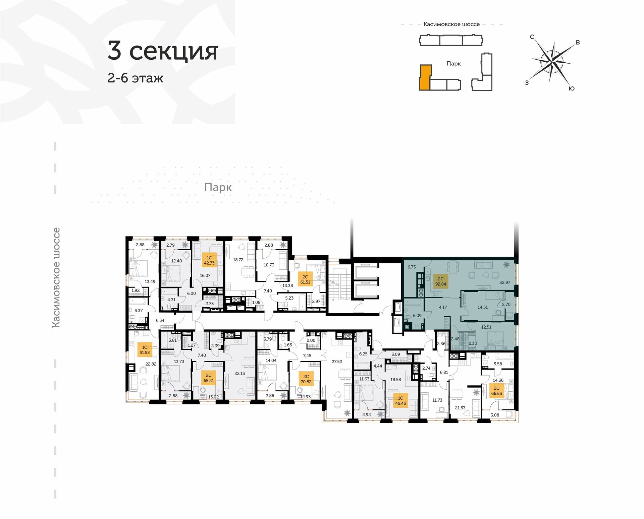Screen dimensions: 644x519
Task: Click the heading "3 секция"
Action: click(163, 51)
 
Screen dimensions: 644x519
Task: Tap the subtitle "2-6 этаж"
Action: click(135, 78)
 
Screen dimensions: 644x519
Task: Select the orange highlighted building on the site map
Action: click(424, 78)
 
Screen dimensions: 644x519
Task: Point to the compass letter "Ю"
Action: click(572, 88)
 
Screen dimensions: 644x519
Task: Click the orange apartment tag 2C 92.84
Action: click(441, 281)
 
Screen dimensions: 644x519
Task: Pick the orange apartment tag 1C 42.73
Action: click(209, 260)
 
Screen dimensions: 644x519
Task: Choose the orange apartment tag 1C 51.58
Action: click(145, 350)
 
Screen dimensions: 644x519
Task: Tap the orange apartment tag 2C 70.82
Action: click(306, 379)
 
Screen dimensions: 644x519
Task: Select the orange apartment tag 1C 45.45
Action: click(400, 401)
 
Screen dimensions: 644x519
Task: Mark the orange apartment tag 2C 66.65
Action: click(497, 391)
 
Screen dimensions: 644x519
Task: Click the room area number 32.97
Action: click(505, 282)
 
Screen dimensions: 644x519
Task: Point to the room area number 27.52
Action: click(337, 362)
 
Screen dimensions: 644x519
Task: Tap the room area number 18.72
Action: click(238, 260)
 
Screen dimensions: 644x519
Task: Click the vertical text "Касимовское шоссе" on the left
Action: click(56, 277)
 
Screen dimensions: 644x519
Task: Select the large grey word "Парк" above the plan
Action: click(218, 187)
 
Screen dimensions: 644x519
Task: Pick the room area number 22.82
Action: click(151, 364)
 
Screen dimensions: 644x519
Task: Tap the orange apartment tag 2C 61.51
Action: click(305, 279)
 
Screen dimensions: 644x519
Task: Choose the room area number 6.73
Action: click(412, 267)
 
